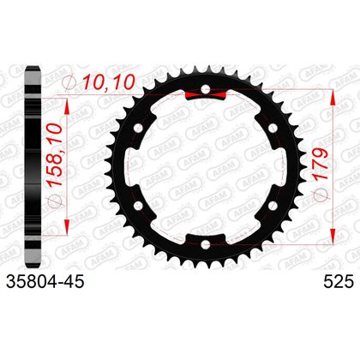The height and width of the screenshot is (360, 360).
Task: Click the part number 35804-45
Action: [x=45, y=282]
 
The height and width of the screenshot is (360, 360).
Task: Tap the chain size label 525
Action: [x=339, y=282]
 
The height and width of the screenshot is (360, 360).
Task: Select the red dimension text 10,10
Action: [x=108, y=81]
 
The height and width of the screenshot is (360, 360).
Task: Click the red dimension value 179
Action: [x=321, y=164]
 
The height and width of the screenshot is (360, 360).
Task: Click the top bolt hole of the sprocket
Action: [x=205, y=90]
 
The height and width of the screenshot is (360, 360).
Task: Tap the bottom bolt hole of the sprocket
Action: [x=205, y=244]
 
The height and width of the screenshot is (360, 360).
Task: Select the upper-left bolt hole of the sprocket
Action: [x=138, y=129]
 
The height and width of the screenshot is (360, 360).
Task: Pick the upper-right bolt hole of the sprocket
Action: [x=273, y=129]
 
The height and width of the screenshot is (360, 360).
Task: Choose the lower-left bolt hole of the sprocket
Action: [x=138, y=206]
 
